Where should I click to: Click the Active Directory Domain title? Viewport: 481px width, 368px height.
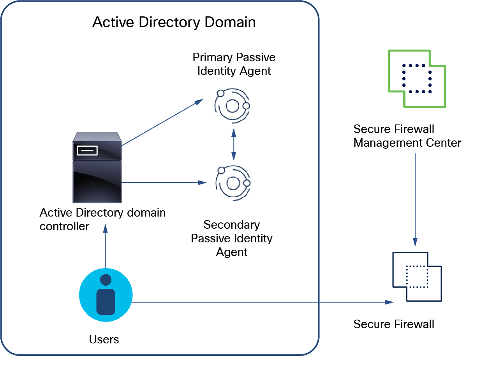(174, 22)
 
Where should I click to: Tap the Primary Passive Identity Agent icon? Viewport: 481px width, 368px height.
(232, 105)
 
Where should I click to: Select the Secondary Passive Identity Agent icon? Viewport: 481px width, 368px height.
(233, 182)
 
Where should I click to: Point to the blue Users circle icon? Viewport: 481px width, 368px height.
(106, 295)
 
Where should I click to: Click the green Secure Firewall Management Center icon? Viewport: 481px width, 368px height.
(417, 78)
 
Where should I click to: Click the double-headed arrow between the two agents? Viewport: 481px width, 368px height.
(233, 144)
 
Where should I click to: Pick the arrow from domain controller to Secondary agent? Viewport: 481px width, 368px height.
(164, 182)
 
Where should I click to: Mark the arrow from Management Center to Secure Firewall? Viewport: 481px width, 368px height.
(415, 199)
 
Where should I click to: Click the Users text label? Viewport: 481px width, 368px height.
(104, 339)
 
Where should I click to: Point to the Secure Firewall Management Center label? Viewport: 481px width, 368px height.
(407, 136)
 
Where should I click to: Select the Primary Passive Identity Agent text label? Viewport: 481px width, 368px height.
(234, 64)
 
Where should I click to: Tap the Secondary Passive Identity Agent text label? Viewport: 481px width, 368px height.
(232, 238)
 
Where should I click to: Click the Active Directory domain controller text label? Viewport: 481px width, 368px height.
(102, 219)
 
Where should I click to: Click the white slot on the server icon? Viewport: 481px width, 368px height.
(87, 150)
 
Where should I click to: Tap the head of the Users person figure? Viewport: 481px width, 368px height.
(106, 280)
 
